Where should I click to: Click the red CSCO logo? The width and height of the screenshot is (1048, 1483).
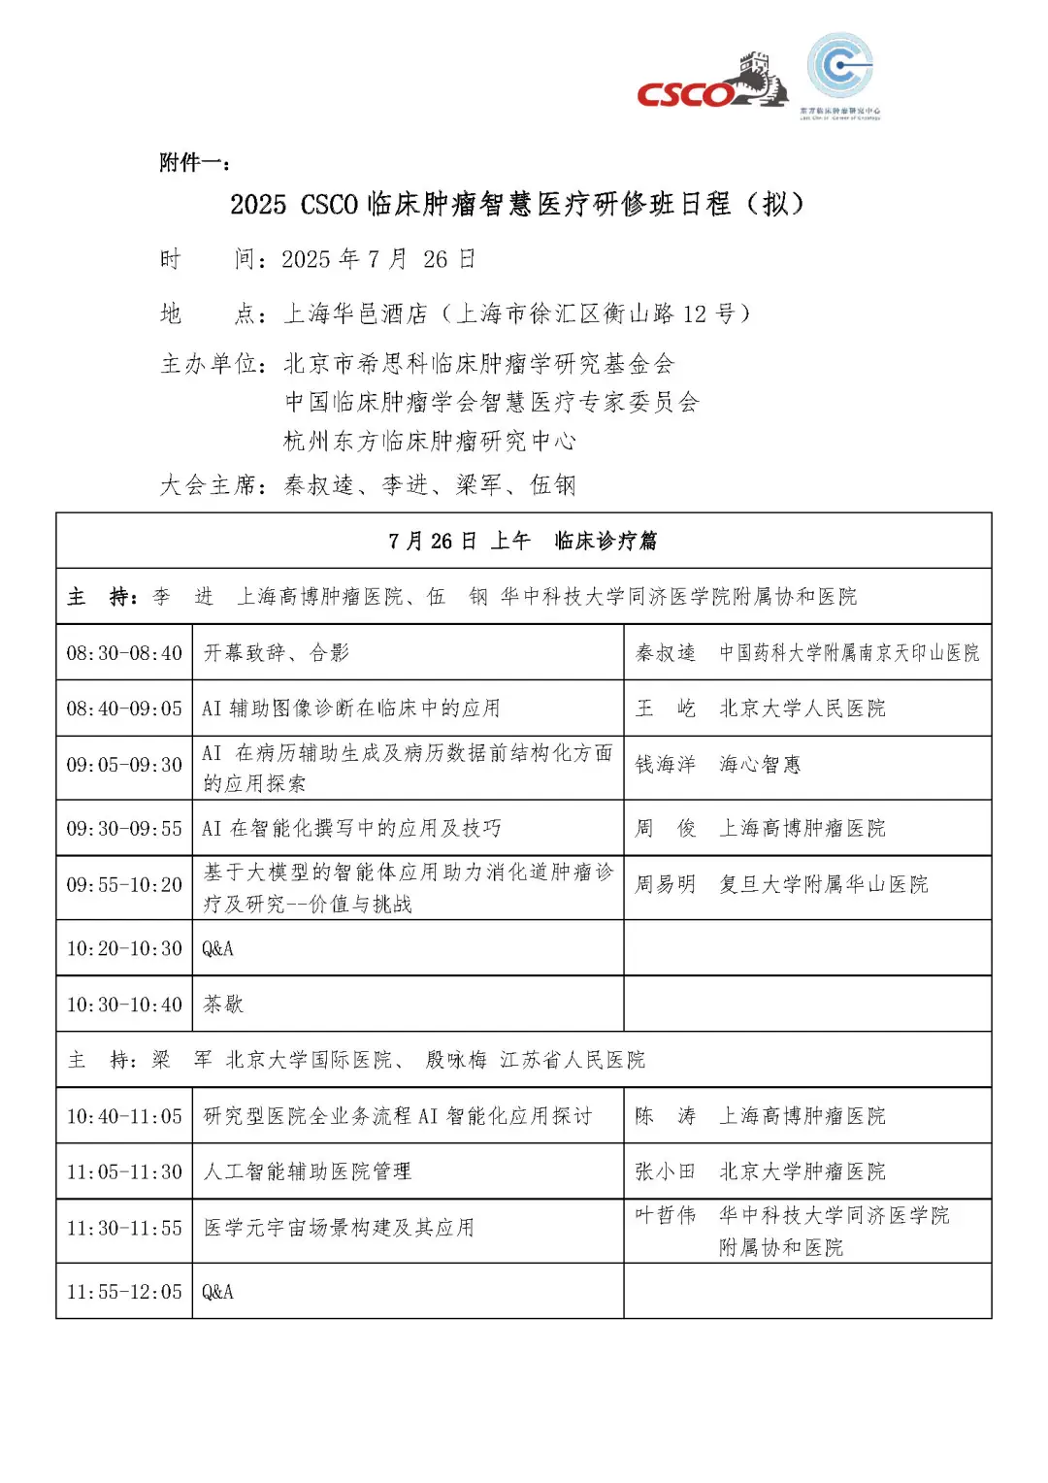687,94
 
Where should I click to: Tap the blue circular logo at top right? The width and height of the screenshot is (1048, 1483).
840,67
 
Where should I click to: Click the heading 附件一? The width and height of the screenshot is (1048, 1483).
193,162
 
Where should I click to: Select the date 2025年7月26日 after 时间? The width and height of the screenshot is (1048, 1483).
378,259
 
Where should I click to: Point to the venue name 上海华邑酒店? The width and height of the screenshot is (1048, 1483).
355,313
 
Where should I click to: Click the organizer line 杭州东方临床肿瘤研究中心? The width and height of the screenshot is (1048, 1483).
430,442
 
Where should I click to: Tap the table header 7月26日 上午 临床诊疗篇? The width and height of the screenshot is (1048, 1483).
523,541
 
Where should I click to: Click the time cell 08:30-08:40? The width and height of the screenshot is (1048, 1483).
124,653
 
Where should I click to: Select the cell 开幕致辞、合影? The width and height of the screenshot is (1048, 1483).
277,653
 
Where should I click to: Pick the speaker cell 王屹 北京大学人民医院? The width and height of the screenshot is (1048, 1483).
760,709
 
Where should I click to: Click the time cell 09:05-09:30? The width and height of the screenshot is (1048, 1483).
124,766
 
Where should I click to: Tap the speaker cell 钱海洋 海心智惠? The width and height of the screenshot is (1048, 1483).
718,765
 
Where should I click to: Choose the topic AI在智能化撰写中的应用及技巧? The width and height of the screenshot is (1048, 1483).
351,828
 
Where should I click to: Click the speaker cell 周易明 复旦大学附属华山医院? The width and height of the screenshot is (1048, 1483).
781,884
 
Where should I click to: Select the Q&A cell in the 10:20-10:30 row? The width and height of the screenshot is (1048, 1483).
218,948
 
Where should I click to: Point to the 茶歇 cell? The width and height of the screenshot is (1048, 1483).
223,1005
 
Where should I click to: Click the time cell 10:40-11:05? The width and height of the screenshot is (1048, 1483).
124,1116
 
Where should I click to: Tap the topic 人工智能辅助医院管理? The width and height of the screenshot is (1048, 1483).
308,1171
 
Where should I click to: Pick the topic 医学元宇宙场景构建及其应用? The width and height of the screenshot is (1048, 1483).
339,1228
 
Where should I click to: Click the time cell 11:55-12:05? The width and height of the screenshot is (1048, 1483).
124,1292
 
